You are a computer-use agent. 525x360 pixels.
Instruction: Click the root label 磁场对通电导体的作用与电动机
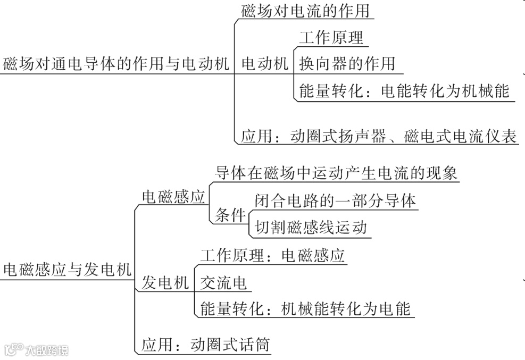(x=116, y=64)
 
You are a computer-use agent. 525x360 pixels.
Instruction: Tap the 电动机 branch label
(x=264, y=64)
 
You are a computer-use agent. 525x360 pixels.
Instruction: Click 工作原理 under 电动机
(x=331, y=38)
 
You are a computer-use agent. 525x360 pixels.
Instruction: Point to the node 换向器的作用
(x=347, y=64)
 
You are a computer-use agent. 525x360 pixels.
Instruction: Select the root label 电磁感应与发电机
(x=67, y=270)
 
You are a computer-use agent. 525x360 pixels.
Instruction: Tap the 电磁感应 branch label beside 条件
(x=173, y=197)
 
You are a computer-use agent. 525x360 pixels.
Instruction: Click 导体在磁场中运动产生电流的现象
(x=336, y=173)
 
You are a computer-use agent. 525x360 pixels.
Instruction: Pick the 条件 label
(x=230, y=215)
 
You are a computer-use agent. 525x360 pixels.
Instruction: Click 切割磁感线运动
(x=311, y=228)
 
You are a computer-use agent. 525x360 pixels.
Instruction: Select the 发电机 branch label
(x=165, y=283)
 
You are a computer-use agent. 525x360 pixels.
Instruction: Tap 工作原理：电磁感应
(x=272, y=256)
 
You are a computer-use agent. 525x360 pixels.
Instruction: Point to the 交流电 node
(x=223, y=283)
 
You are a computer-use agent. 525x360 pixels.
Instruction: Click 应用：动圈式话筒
(x=205, y=345)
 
